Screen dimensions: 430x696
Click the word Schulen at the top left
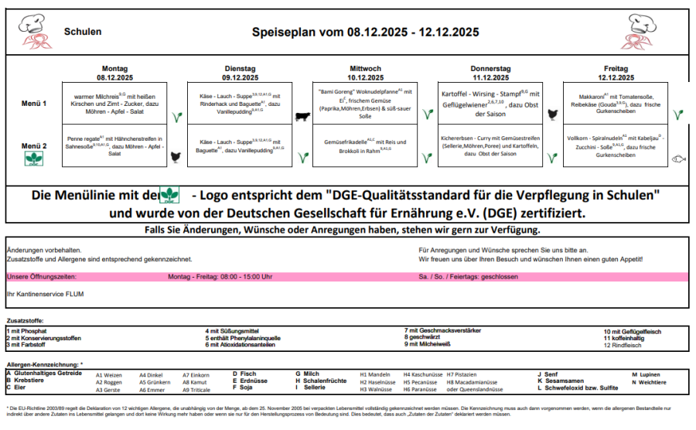[x=83, y=32]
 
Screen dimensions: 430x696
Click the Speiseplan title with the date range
[x=365, y=32]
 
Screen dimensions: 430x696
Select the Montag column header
[x=114, y=69]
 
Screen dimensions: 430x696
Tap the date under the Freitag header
[x=616, y=77]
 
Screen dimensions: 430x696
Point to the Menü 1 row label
[x=34, y=103]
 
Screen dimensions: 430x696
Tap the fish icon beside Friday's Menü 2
[x=678, y=159]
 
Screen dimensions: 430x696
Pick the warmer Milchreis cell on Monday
[x=114, y=103]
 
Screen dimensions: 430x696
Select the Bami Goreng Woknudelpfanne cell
[x=365, y=103]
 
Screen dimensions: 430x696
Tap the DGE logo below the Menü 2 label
[x=34, y=159]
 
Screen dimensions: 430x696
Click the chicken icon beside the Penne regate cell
[x=176, y=157]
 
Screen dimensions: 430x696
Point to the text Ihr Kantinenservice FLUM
[x=45, y=294]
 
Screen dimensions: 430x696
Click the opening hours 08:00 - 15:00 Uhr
[x=220, y=277]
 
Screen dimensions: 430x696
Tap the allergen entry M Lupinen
[x=646, y=374]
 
